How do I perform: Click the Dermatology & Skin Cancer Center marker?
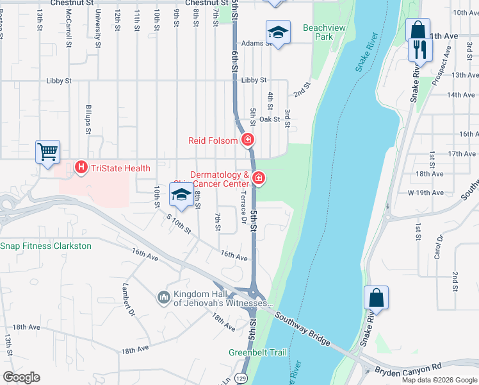point(258,178)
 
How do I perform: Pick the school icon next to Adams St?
point(278,33)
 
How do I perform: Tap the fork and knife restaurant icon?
point(420,49)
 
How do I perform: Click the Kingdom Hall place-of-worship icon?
point(164,297)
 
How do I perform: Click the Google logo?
point(21,377)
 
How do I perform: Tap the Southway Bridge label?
point(302,328)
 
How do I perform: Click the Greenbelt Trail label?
point(258,352)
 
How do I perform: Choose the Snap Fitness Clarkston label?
point(45,246)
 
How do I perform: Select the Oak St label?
point(270,119)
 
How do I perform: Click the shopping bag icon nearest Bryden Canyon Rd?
point(376,298)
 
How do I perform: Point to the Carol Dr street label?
point(439,246)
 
